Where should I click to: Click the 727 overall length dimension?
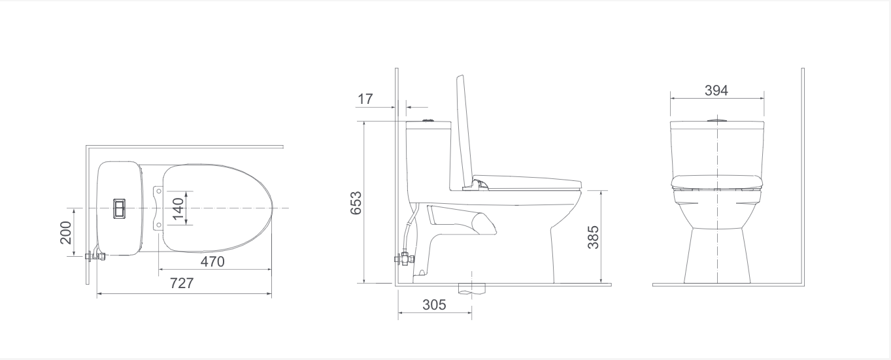[x=182, y=284]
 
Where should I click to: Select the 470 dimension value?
[x=212, y=262]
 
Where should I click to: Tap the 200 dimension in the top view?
[x=65, y=233]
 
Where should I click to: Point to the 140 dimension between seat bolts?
[x=178, y=208]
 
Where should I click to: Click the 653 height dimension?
[x=356, y=203]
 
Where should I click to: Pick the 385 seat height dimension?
[x=593, y=237]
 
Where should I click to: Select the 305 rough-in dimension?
[x=434, y=305]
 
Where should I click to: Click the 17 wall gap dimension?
[x=365, y=99]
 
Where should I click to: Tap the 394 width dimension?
[x=716, y=91]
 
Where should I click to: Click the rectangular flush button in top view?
[x=120, y=208]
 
